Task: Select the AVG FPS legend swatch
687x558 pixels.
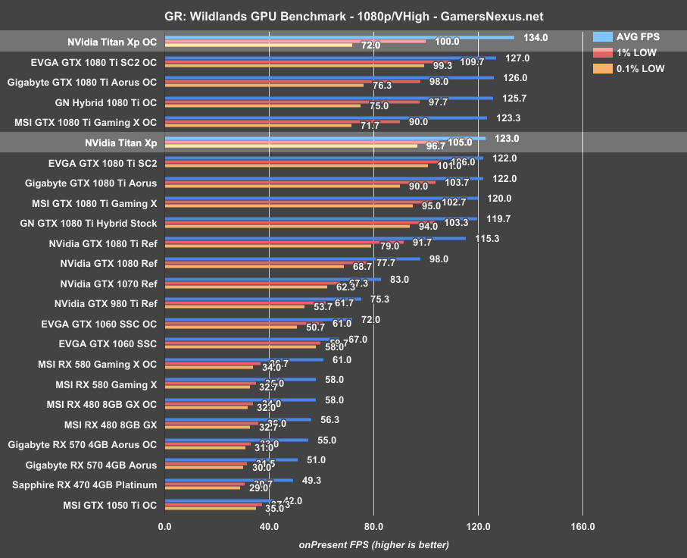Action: click(x=603, y=36)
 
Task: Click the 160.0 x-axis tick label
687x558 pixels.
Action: click(x=582, y=526)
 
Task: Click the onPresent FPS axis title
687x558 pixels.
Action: click(x=373, y=544)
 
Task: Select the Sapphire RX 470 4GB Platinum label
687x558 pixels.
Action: click(x=85, y=484)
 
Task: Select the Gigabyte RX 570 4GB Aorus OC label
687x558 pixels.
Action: click(x=83, y=444)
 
